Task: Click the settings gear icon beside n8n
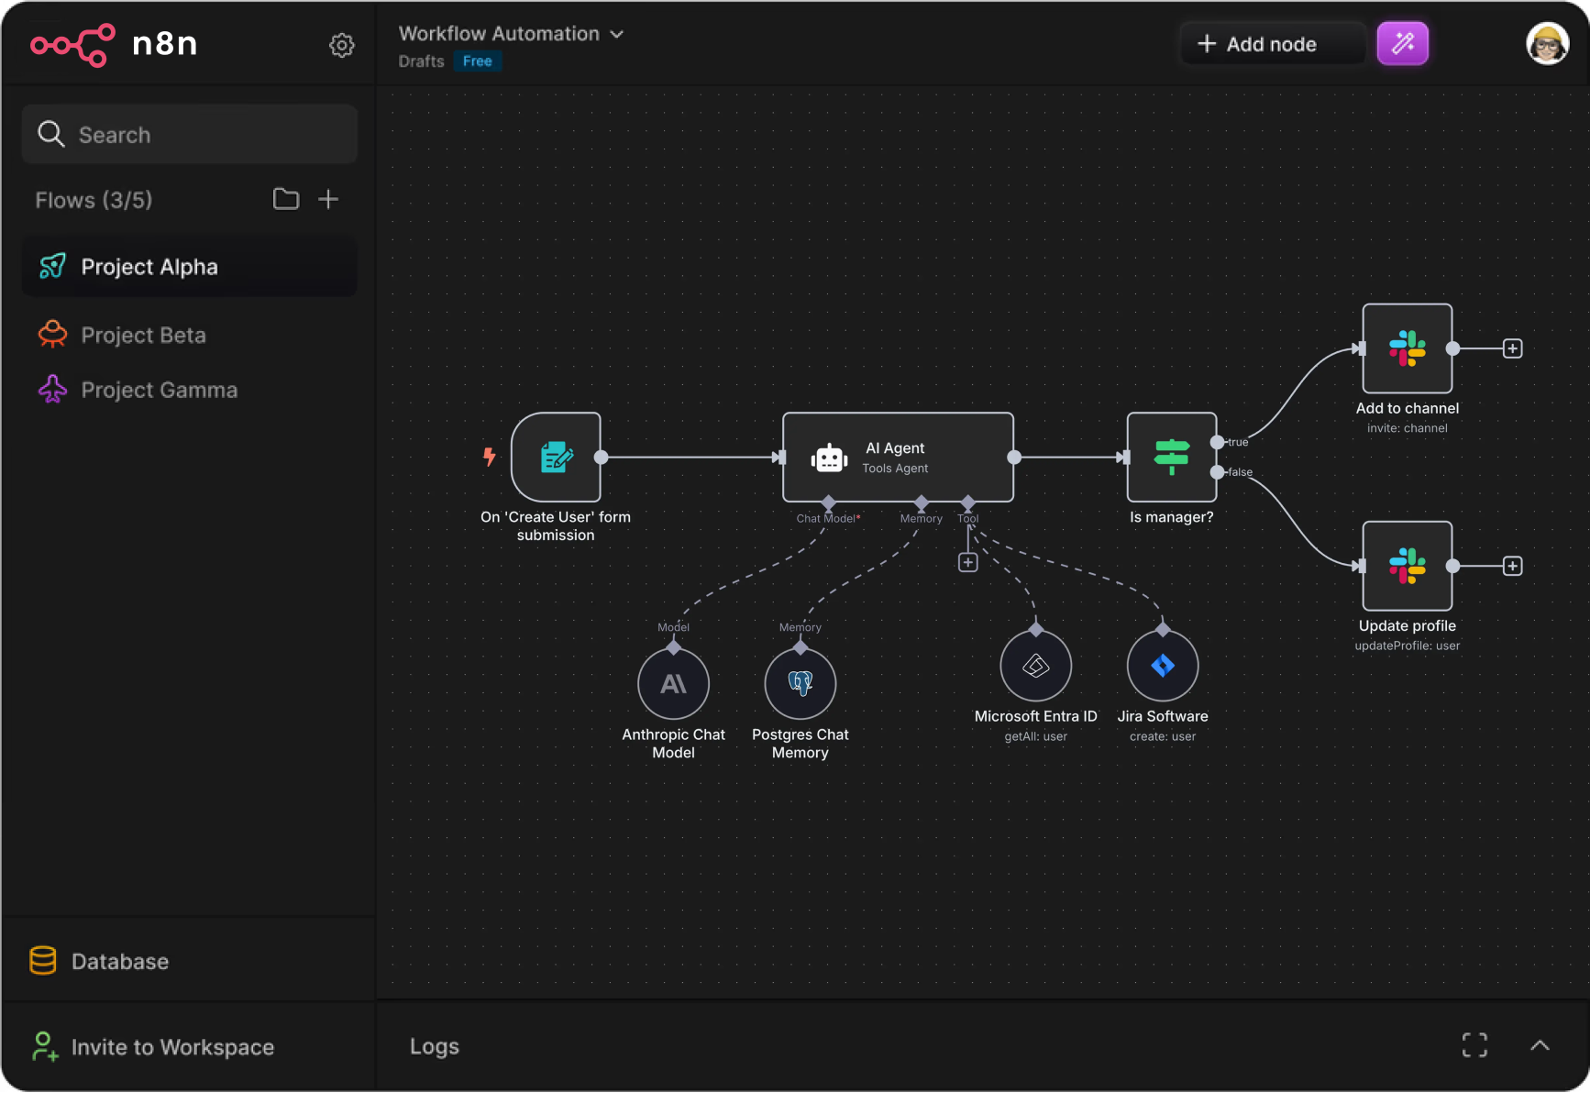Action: [342, 45]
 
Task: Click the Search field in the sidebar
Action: [190, 135]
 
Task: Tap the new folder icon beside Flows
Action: [286, 199]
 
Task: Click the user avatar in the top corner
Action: [1547, 44]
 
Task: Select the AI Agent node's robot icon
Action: [829, 458]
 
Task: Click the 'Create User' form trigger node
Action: [556, 457]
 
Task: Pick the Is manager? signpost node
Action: [1172, 457]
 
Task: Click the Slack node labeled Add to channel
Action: [1408, 348]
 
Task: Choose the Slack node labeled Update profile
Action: [1408, 566]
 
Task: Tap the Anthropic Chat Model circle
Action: [674, 684]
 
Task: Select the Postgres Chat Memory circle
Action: [801, 684]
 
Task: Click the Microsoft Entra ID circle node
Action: [1036, 666]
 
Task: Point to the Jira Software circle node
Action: [1163, 666]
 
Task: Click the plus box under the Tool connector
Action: [968, 562]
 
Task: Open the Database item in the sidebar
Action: [99, 961]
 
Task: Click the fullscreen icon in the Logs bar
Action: [1474, 1045]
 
